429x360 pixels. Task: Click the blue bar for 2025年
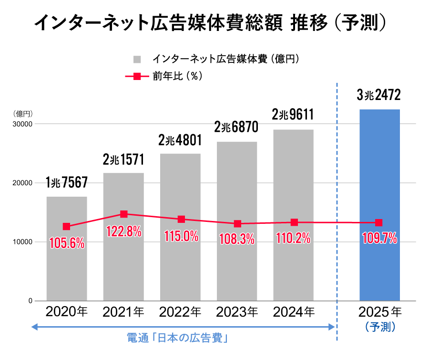click(x=379, y=205)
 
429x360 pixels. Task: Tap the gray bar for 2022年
click(x=180, y=267)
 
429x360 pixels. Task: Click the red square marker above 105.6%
click(x=67, y=227)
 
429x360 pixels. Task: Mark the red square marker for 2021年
click(x=124, y=214)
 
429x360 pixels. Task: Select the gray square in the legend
click(x=137, y=60)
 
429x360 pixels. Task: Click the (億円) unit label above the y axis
click(x=22, y=114)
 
